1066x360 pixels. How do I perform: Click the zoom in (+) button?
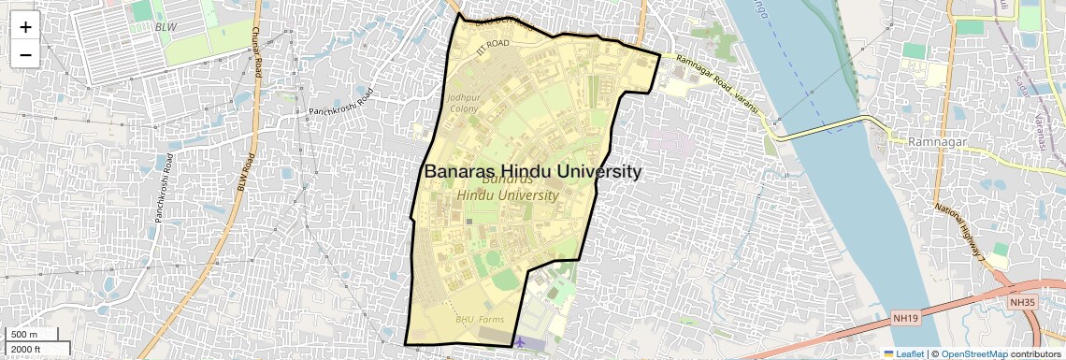[x=25, y=26]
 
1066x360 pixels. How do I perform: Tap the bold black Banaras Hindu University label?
[x=533, y=172]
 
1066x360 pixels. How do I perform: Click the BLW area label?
[x=166, y=28]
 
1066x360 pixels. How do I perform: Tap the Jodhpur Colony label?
[x=463, y=103]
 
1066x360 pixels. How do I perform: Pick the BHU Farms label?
[x=480, y=320]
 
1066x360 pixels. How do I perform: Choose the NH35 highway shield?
[x=1023, y=302]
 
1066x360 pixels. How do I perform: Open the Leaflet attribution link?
[x=903, y=353]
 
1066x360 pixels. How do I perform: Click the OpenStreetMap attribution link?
[x=973, y=353]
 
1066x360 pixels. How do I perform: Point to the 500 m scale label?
[x=25, y=335]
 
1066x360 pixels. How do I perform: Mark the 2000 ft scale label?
[x=26, y=349]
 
